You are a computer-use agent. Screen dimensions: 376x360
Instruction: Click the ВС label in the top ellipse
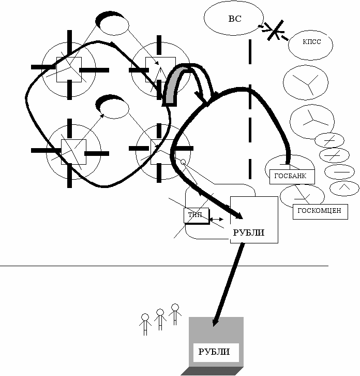pyautogui.click(x=234, y=19)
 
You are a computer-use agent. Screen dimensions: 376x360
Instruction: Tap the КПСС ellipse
pyautogui.click(x=312, y=42)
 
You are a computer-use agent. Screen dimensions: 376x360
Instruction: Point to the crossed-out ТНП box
pyautogui.click(x=195, y=215)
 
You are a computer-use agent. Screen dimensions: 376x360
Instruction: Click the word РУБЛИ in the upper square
pyautogui.click(x=249, y=233)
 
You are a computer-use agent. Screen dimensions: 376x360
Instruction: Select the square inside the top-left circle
pyautogui.click(x=69, y=69)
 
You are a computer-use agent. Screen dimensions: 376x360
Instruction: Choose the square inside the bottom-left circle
pyautogui.click(x=73, y=152)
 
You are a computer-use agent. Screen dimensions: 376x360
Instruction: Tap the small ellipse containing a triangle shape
pyautogui.click(x=344, y=189)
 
